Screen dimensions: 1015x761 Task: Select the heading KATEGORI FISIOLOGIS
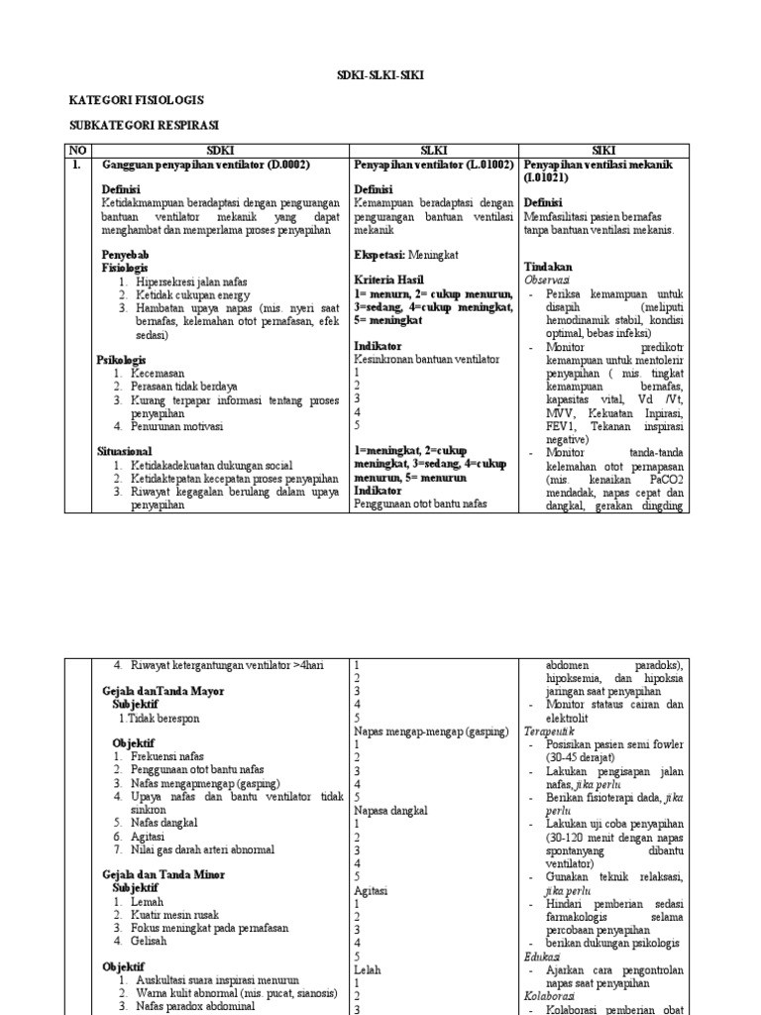point(136,101)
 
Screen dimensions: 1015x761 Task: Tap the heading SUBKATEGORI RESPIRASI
point(144,126)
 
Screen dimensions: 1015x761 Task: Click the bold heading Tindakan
point(547,268)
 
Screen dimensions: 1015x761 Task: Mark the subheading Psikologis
point(121,359)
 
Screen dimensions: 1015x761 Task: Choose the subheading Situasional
point(124,450)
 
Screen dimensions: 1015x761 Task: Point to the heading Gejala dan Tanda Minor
point(163,875)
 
